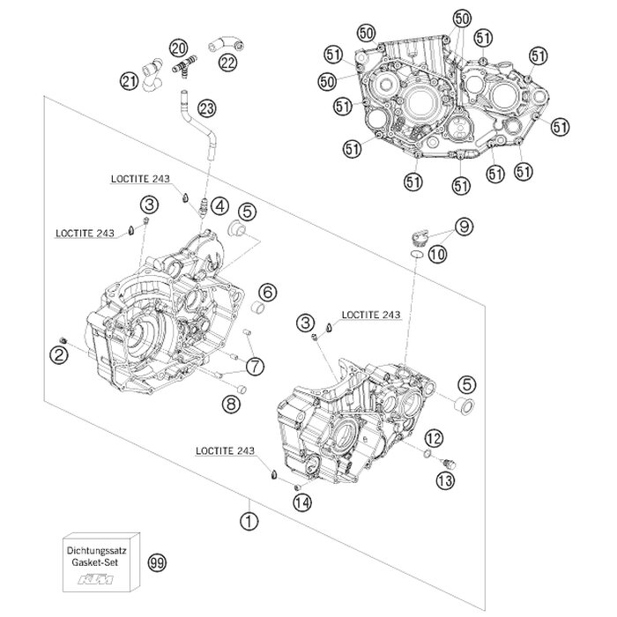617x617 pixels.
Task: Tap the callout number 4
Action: click(219, 208)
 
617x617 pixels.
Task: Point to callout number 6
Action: click(268, 292)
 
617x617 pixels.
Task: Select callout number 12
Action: click(434, 438)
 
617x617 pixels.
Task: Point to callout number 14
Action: click(303, 503)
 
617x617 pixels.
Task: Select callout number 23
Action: click(207, 109)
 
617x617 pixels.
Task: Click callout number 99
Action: click(159, 561)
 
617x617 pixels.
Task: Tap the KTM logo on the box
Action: click(99, 580)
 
